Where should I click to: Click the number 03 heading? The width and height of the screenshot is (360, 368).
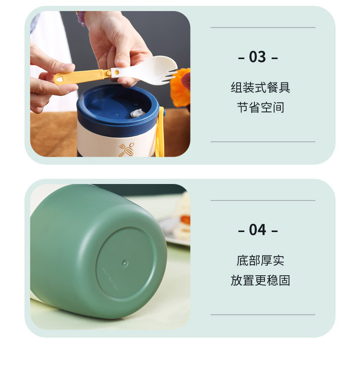coord(258,58)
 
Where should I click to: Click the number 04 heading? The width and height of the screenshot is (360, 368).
coord(258,230)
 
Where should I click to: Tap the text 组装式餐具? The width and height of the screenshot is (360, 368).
coord(260,88)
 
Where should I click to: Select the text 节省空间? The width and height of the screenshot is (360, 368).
coord(260,107)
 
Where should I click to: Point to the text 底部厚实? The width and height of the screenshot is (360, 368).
coord(260,261)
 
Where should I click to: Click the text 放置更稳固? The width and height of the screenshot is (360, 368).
coord(260,280)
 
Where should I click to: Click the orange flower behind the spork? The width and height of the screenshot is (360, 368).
coord(181,86)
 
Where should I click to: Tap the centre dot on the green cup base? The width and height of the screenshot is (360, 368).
coord(125,262)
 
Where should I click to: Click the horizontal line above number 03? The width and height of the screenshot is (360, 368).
coord(263,28)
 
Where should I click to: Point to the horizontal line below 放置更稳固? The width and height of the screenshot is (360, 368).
coord(263,315)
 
